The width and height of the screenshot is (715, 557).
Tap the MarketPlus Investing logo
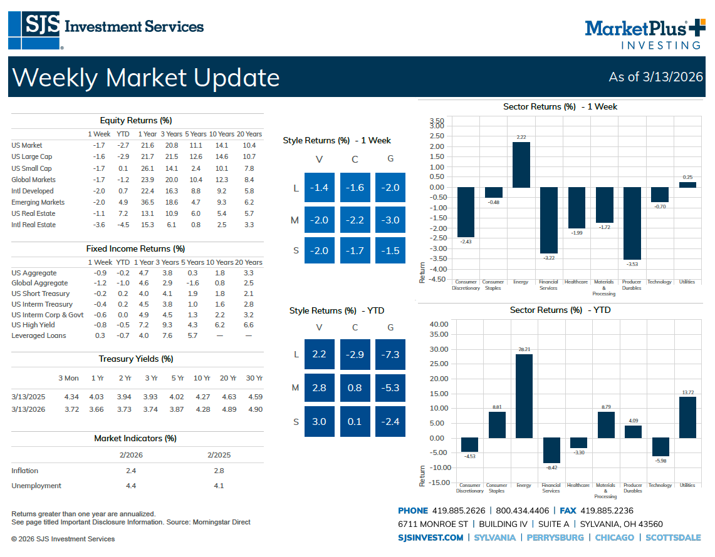644,33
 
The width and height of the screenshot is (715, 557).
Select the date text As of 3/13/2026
655,77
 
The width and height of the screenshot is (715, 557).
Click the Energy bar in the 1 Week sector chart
521,165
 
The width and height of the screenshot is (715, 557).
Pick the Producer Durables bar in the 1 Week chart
632,223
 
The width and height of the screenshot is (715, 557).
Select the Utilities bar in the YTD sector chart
687,417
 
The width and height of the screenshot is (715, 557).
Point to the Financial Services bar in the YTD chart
551,450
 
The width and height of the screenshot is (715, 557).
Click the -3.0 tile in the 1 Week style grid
390,220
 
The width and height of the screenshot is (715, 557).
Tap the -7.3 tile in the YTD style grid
390,354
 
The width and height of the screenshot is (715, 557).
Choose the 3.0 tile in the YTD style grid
319,421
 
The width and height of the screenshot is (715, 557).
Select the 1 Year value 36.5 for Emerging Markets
148,202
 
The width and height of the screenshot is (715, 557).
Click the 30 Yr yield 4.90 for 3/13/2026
255,409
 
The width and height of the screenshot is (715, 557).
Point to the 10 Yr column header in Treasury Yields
202,378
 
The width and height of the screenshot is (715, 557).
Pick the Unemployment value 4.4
131,486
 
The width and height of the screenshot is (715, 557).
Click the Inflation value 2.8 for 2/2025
217,471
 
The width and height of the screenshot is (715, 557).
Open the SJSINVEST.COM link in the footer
431,538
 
